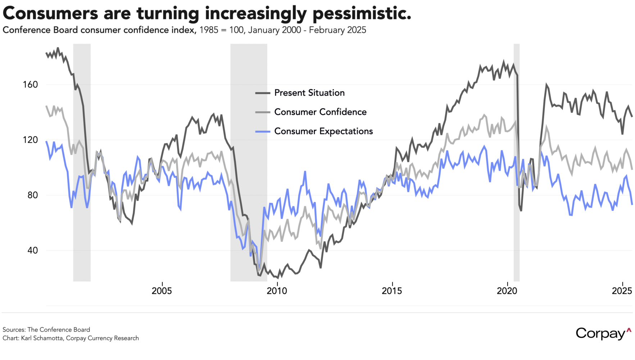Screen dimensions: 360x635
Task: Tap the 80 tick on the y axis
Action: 32,195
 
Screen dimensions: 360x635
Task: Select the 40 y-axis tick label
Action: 32,250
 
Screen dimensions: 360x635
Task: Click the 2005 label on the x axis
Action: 162,291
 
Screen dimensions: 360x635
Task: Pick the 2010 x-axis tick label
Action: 277,291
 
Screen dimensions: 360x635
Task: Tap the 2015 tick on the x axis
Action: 392,291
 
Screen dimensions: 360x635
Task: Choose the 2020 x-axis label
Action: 507,291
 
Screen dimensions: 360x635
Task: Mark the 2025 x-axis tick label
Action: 622,291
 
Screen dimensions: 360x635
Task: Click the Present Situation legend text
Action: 309,93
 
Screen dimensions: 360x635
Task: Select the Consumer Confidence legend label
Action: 320,112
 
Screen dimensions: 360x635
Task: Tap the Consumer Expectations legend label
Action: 323,131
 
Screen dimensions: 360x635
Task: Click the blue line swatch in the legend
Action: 263,132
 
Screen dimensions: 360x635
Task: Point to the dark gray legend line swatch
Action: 263,93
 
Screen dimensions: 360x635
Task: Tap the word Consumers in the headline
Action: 50,14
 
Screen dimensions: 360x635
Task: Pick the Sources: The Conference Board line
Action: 46,330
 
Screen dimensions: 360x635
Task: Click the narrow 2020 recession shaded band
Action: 516,162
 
